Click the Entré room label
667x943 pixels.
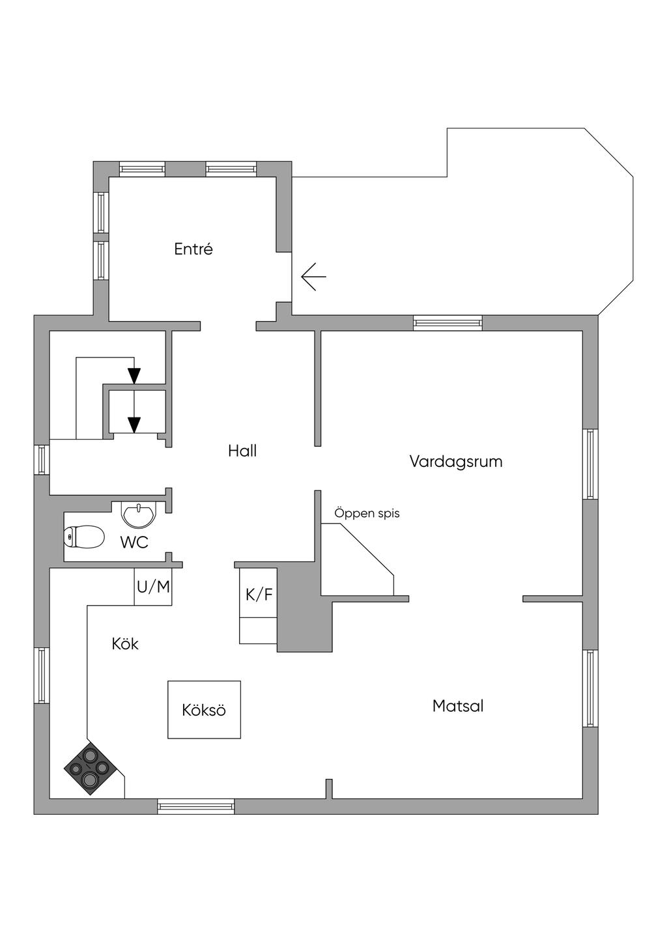click(x=193, y=249)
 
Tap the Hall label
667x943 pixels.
click(x=242, y=451)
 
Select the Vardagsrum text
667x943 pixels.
click(x=456, y=462)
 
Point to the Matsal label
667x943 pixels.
click(x=458, y=706)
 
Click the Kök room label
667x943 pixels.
click(x=125, y=643)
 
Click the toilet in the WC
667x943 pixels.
click(x=84, y=537)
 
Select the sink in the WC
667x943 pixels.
click(x=139, y=514)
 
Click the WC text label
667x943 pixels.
click(x=134, y=542)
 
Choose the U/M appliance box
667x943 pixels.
click(x=153, y=587)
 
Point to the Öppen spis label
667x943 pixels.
click(x=367, y=514)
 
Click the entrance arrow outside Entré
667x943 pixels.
click(x=314, y=277)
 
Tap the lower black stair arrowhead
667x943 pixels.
click(x=134, y=425)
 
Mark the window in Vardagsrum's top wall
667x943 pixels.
click(x=447, y=323)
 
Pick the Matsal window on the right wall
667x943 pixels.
click(x=590, y=688)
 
